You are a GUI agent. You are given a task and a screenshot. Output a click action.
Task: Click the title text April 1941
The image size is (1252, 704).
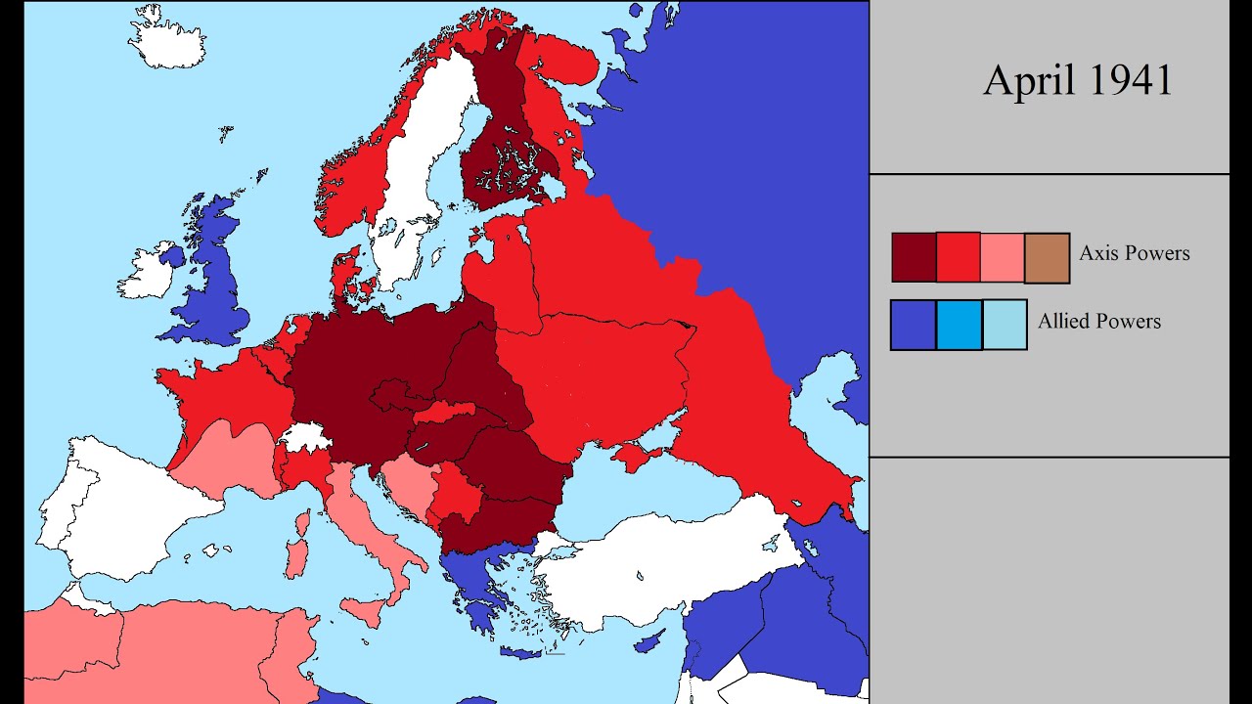[x=1077, y=80]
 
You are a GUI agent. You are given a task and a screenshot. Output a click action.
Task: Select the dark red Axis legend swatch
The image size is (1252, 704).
[x=914, y=257]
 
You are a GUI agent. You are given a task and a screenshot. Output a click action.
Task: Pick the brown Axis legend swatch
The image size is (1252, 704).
[x=1047, y=258]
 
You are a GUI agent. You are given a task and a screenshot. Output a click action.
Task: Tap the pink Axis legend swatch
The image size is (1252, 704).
[x=1002, y=257]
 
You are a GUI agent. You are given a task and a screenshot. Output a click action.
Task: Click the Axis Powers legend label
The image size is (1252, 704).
[x=1135, y=253]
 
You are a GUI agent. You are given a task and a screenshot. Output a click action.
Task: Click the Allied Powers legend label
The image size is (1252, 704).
[x=1099, y=322]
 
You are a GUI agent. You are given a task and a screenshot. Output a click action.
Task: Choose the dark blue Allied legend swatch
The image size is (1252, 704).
[x=913, y=325]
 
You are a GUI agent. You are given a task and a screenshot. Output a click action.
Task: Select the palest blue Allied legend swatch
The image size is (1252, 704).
[x=1005, y=325]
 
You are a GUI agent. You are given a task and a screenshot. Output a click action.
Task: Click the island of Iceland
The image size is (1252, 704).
[x=167, y=39]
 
